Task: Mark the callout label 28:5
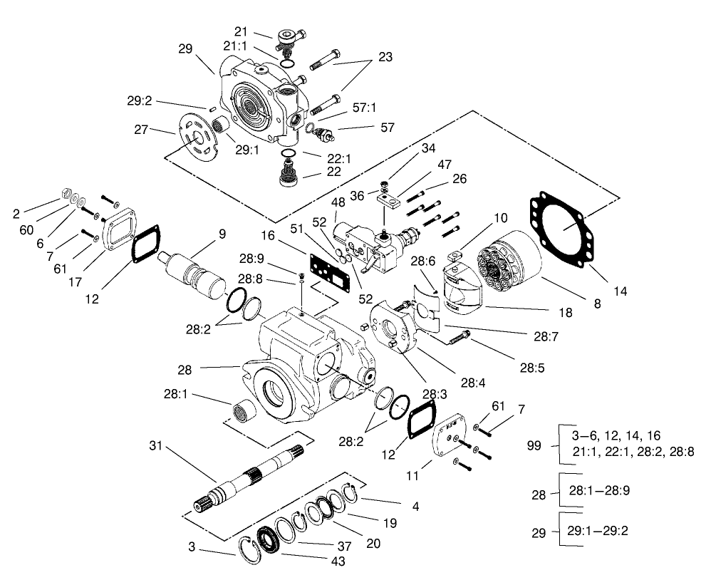[532, 368]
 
